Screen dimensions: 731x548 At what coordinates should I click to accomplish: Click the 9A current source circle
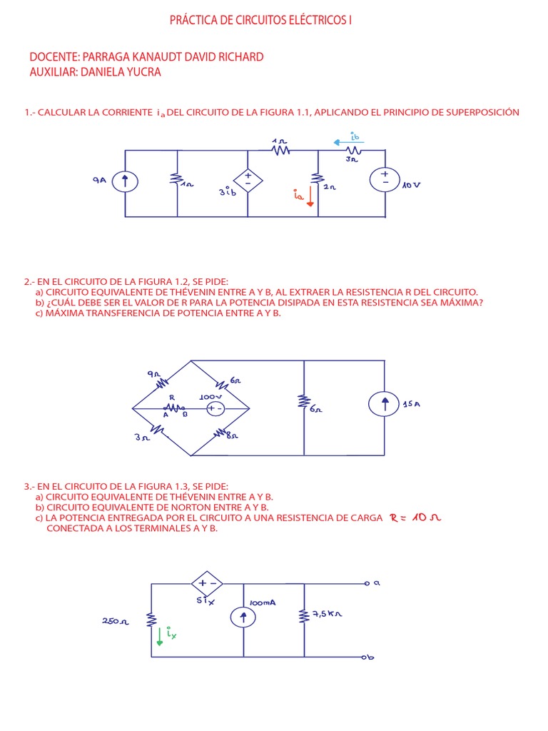click(125, 182)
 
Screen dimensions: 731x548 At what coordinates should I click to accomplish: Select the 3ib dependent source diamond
click(248, 179)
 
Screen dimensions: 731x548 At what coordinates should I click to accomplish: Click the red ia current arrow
click(310, 196)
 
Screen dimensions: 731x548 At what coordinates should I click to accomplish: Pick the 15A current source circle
click(385, 405)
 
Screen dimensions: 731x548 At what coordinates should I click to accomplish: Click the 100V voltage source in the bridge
click(215, 408)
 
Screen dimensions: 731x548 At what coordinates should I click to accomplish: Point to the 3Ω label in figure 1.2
click(141, 438)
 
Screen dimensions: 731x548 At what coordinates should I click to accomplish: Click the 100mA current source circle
click(244, 617)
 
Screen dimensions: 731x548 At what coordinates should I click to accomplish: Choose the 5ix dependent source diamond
click(207, 584)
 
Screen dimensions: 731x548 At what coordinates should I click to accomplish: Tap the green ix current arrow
click(160, 635)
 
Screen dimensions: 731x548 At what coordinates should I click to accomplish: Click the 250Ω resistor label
click(114, 621)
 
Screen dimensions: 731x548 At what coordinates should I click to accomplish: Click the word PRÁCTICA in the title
click(193, 21)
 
